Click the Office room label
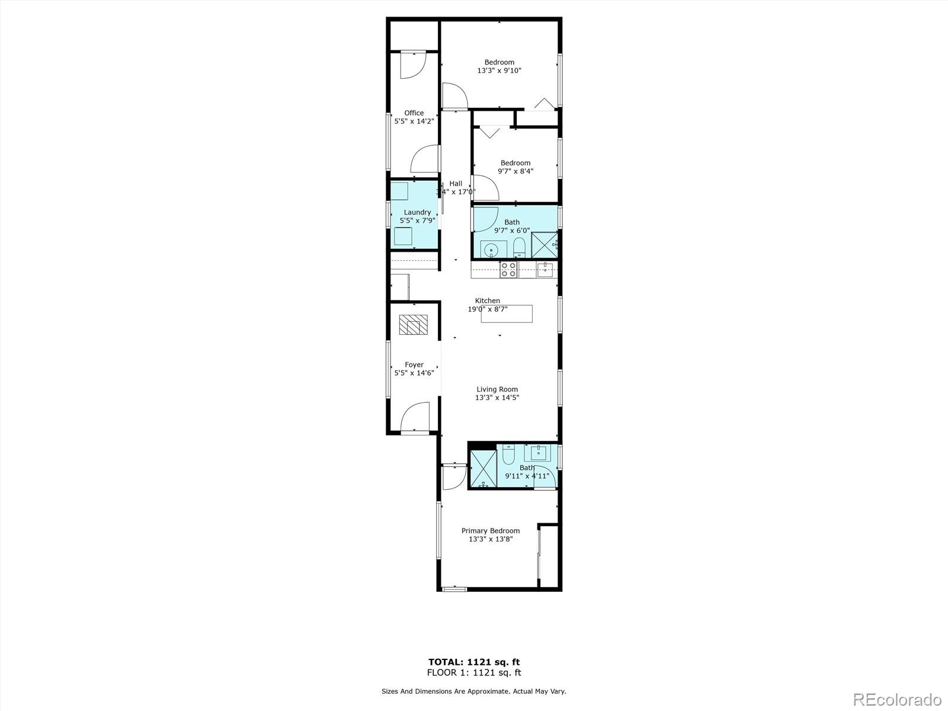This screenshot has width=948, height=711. click(x=414, y=113)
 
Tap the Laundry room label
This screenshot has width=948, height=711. click(x=417, y=212)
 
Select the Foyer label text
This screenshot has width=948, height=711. click(x=414, y=364)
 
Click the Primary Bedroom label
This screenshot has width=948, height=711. click(x=491, y=530)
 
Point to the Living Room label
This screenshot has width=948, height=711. click(x=497, y=389)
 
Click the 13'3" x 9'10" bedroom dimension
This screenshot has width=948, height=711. click(x=499, y=71)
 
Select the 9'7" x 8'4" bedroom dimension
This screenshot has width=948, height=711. click(x=515, y=171)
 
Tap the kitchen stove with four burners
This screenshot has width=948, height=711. click(x=508, y=270)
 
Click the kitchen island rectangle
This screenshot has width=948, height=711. click(x=507, y=313)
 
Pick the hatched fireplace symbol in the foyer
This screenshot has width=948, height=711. click(x=413, y=325)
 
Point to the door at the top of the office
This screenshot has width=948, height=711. click(x=412, y=64)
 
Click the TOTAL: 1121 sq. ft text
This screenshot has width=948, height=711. click(x=474, y=662)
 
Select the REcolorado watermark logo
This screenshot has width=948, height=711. click(x=897, y=699)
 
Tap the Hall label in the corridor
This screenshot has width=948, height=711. click(x=456, y=184)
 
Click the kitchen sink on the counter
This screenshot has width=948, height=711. click(x=545, y=271)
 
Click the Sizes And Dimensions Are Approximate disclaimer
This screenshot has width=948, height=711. click(x=473, y=691)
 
